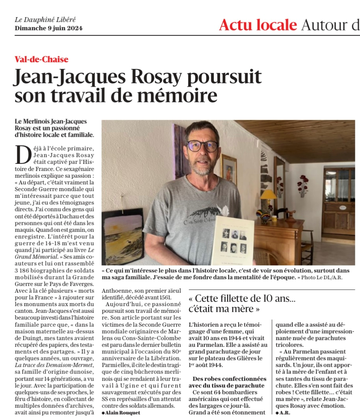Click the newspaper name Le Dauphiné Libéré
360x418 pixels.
(x=45, y=20)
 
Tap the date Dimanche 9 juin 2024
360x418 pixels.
(x=48, y=28)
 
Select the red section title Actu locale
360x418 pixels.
(x=257, y=25)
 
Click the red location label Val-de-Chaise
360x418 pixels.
(x=41, y=59)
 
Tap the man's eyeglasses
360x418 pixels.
(x=202, y=146)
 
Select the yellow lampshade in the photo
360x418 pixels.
(x=268, y=194)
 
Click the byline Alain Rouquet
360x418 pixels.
(x=122, y=412)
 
